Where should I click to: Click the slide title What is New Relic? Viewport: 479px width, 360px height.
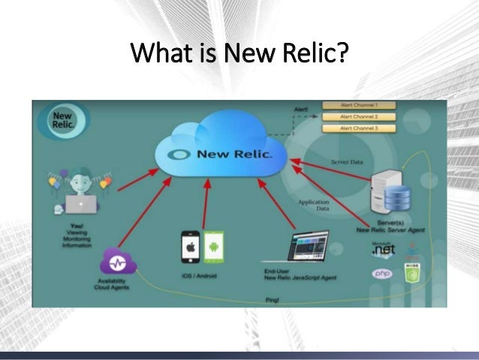coord(239,55)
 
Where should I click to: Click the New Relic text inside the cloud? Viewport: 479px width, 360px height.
coord(233,155)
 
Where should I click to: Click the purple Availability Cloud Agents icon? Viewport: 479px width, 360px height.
coord(119,263)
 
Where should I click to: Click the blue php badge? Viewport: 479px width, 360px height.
coord(383,274)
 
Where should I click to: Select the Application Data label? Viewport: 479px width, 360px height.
coord(315,205)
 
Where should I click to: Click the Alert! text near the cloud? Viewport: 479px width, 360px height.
coord(300,110)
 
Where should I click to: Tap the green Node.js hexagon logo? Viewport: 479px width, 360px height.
coord(411,272)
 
